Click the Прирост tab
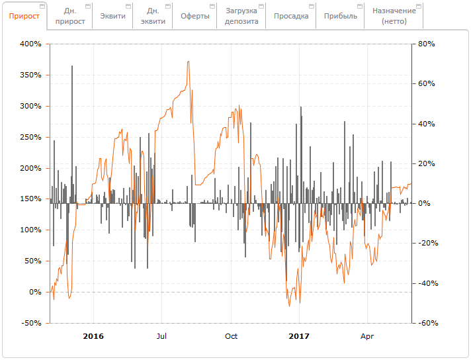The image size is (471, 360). click(x=24, y=16)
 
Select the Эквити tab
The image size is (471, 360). click(x=112, y=16)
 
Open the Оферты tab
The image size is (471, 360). click(x=194, y=16)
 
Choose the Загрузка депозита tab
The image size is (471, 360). click(x=241, y=16)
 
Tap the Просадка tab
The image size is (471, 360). click(x=291, y=16)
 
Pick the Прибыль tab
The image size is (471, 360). click(x=341, y=16)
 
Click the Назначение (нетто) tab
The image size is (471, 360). click(x=394, y=16)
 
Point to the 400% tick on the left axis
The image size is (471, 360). click(x=30, y=44)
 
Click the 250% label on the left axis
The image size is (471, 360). click(x=30, y=137)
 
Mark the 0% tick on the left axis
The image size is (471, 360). click(x=34, y=292)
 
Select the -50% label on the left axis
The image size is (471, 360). click(x=30, y=323)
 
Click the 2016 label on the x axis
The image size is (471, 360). click(x=93, y=336)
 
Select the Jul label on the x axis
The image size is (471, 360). click(x=161, y=336)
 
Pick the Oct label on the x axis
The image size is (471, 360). click(x=231, y=336)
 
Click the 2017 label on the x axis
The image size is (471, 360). click(x=300, y=336)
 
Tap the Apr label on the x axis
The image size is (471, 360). click(x=367, y=336)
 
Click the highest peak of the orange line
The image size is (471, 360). click(x=189, y=62)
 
